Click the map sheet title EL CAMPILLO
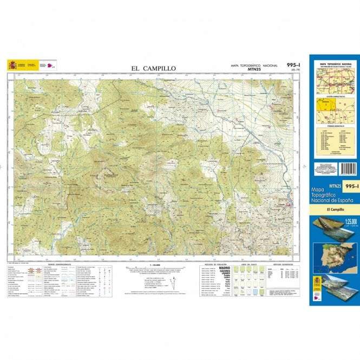[x=153, y=68]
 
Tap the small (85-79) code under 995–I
[x=296, y=70]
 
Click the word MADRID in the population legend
[x=224, y=268]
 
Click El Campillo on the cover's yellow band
[x=332, y=209]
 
